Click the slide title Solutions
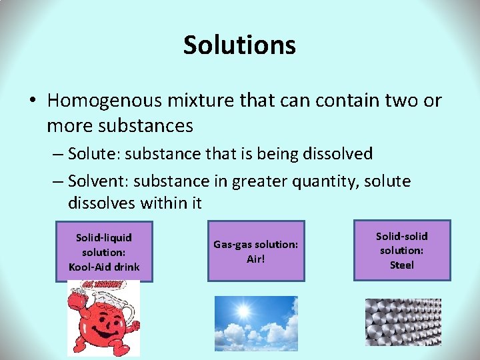click(239, 45)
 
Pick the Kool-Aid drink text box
click(104, 251)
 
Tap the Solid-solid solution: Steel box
click(402, 250)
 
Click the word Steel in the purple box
click(402, 265)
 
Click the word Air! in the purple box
click(256, 259)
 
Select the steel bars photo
click(403, 321)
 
